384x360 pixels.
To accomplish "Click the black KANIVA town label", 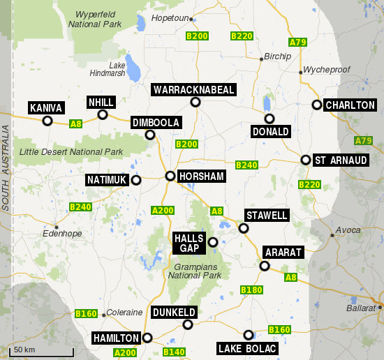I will pyautogui.click(x=47, y=108).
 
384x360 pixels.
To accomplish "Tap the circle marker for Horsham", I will pyautogui.click(x=170, y=176).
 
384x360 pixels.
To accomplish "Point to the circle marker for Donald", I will pyautogui.click(x=269, y=119).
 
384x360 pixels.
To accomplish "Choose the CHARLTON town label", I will pyautogui.click(x=350, y=105).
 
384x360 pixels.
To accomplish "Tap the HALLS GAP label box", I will pyautogui.click(x=189, y=243).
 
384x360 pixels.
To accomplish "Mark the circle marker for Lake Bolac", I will pyautogui.click(x=249, y=335).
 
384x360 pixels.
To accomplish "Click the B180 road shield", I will pyautogui.click(x=251, y=290).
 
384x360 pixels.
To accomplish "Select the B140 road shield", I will pyautogui.click(x=174, y=352).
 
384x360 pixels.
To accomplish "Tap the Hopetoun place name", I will pyautogui.click(x=169, y=17).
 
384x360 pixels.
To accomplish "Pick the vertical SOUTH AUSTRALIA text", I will pyautogui.click(x=6, y=167).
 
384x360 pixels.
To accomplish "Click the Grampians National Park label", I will pyautogui.click(x=194, y=271).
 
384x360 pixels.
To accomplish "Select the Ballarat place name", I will pyautogui.click(x=360, y=307).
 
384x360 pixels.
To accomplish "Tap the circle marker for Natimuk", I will pyautogui.click(x=136, y=180).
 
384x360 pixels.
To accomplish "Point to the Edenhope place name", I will pyautogui.click(x=58, y=234).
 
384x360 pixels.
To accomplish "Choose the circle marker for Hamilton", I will pyautogui.click(x=147, y=338).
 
